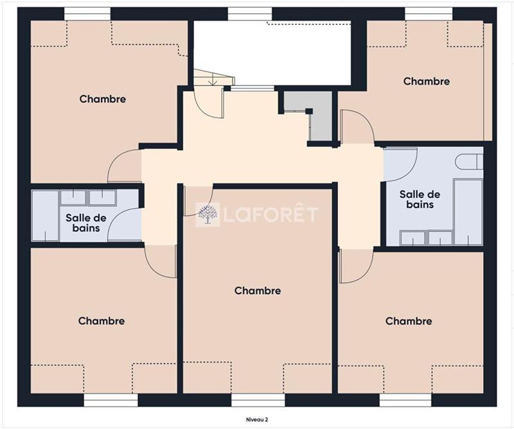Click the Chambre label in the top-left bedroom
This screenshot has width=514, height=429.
[103, 99]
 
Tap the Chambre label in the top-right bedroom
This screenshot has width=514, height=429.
[426, 81]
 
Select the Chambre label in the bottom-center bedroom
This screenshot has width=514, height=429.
[258, 290]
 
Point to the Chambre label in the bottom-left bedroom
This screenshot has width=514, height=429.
[102, 320]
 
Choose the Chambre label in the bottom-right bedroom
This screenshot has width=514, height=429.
[409, 320]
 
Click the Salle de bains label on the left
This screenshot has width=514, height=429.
[85, 222]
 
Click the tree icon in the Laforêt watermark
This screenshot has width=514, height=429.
[207, 214]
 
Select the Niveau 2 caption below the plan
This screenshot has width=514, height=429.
[257, 419]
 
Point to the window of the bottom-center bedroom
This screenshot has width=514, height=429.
[258, 399]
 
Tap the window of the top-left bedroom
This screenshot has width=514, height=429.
[88, 13]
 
